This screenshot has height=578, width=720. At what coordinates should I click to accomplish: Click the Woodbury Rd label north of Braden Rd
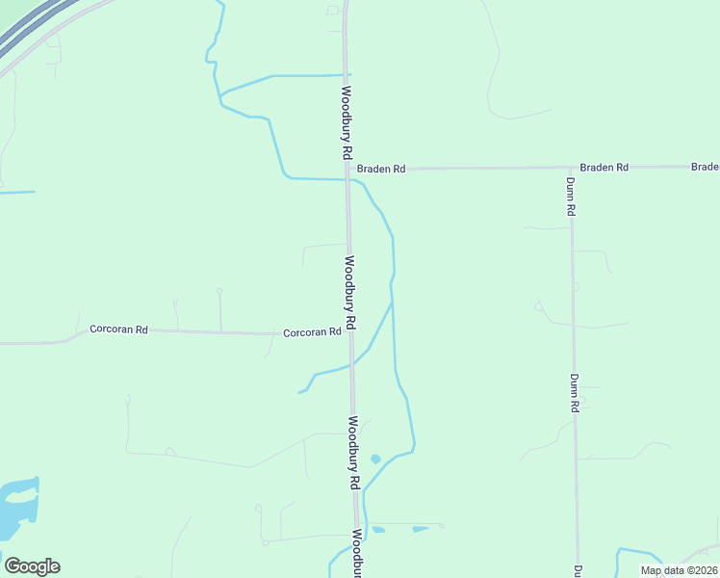click(x=346, y=123)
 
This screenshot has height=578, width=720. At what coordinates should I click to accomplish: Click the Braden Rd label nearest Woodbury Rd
click(x=381, y=169)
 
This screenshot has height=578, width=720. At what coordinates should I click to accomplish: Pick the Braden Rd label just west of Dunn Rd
click(x=604, y=167)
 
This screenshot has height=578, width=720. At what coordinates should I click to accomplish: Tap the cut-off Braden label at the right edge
click(x=706, y=167)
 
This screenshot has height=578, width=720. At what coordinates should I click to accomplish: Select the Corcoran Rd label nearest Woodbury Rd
click(x=312, y=332)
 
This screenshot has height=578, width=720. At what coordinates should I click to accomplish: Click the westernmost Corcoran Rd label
click(x=118, y=329)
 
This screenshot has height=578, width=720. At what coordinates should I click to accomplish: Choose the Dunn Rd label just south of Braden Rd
click(x=571, y=196)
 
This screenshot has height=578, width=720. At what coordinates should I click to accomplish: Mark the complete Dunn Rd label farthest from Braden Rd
click(x=574, y=393)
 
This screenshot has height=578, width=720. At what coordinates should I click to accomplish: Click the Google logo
click(x=32, y=565)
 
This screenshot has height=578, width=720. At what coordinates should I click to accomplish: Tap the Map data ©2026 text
click(x=678, y=570)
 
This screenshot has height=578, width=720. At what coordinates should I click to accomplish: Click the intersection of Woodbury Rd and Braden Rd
click(x=347, y=170)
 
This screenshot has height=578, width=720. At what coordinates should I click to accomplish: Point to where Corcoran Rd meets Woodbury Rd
click(x=350, y=334)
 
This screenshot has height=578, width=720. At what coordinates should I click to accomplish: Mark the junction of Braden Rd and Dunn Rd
click(x=571, y=168)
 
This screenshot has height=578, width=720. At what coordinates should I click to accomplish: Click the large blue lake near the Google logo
click(x=19, y=505)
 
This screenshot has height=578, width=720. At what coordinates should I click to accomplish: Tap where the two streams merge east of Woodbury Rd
click(x=392, y=303)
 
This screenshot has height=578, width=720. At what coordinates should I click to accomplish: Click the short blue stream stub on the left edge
click(x=16, y=192)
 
